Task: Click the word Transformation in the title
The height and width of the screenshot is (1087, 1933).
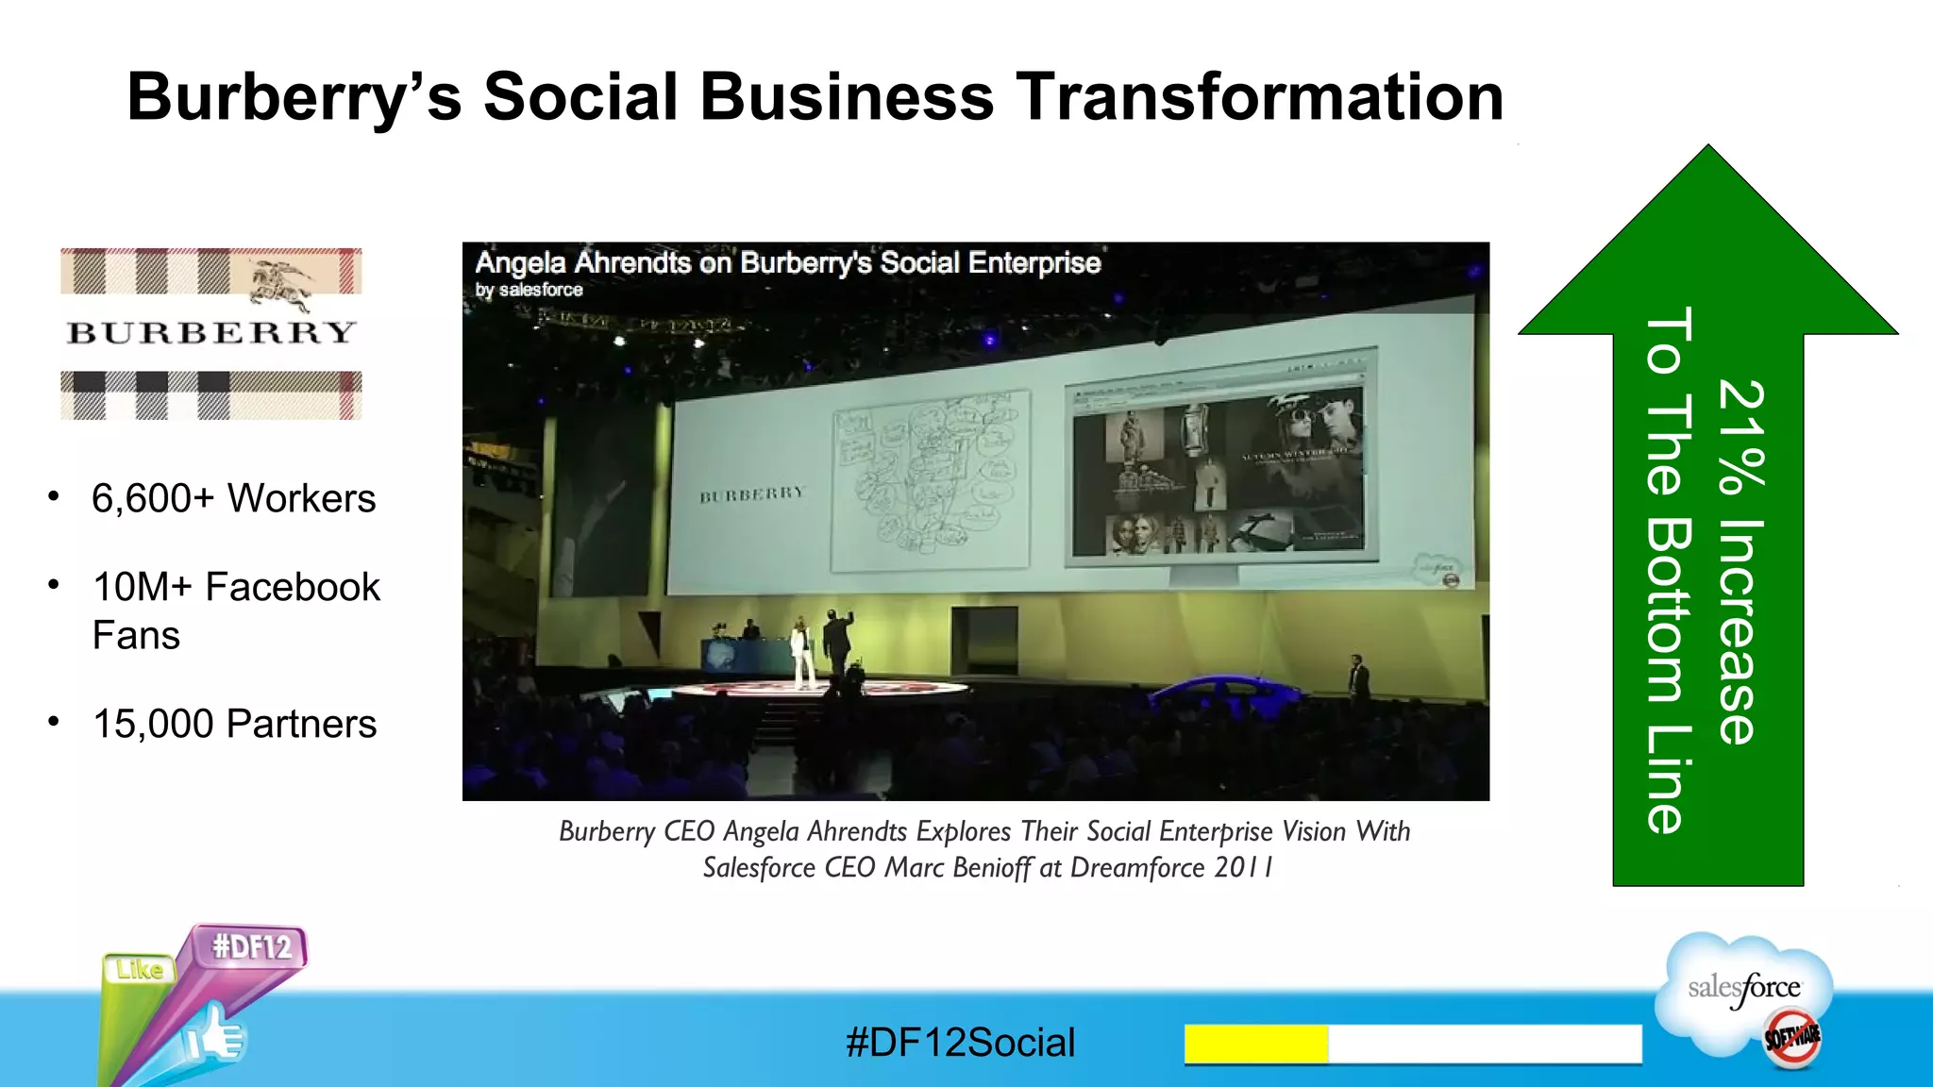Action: [x=1259, y=97]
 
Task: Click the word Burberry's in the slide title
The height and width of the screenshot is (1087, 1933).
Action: [x=294, y=97]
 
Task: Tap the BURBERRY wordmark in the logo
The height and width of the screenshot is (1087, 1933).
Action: [x=211, y=332]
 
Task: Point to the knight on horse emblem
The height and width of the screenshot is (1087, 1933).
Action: [x=280, y=283]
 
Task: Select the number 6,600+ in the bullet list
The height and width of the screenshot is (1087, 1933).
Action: [x=153, y=498]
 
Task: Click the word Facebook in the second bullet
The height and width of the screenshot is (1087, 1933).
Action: [x=293, y=587]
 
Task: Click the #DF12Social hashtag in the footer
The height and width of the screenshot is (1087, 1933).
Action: [x=960, y=1043]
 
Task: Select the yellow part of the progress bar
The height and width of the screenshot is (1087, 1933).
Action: [x=1255, y=1044]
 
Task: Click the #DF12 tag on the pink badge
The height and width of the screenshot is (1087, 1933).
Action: [x=251, y=946]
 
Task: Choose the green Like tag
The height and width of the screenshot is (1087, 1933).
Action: [x=140, y=969]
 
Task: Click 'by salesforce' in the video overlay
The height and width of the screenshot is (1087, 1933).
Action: [x=529, y=290]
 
